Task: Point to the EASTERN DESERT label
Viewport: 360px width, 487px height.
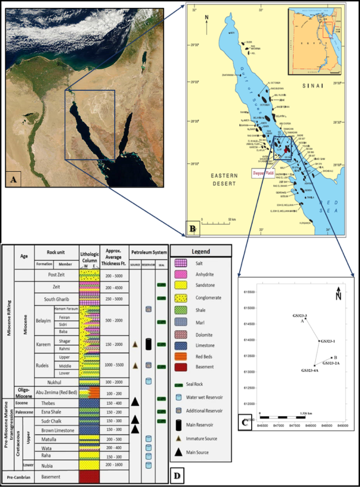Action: coord(217,179)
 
